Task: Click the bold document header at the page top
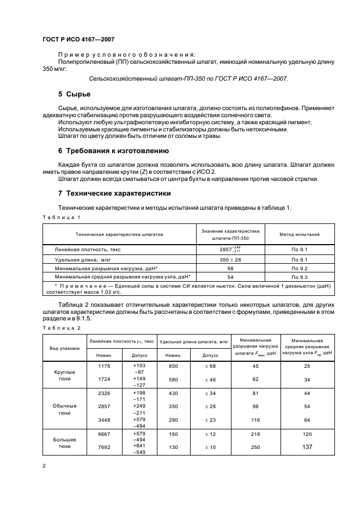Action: [x=78, y=39]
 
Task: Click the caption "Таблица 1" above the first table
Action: [x=61, y=217]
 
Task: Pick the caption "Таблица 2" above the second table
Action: [x=61, y=327]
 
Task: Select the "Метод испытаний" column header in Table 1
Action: [x=299, y=234]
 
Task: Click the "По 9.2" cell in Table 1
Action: [x=299, y=269]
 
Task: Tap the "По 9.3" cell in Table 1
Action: [x=299, y=277]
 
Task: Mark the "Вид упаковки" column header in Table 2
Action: [x=65, y=347]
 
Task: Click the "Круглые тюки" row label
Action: [x=65, y=375]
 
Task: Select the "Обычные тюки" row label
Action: [x=65, y=409]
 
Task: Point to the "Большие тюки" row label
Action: [x=65, y=442]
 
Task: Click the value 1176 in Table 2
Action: [x=103, y=366]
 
